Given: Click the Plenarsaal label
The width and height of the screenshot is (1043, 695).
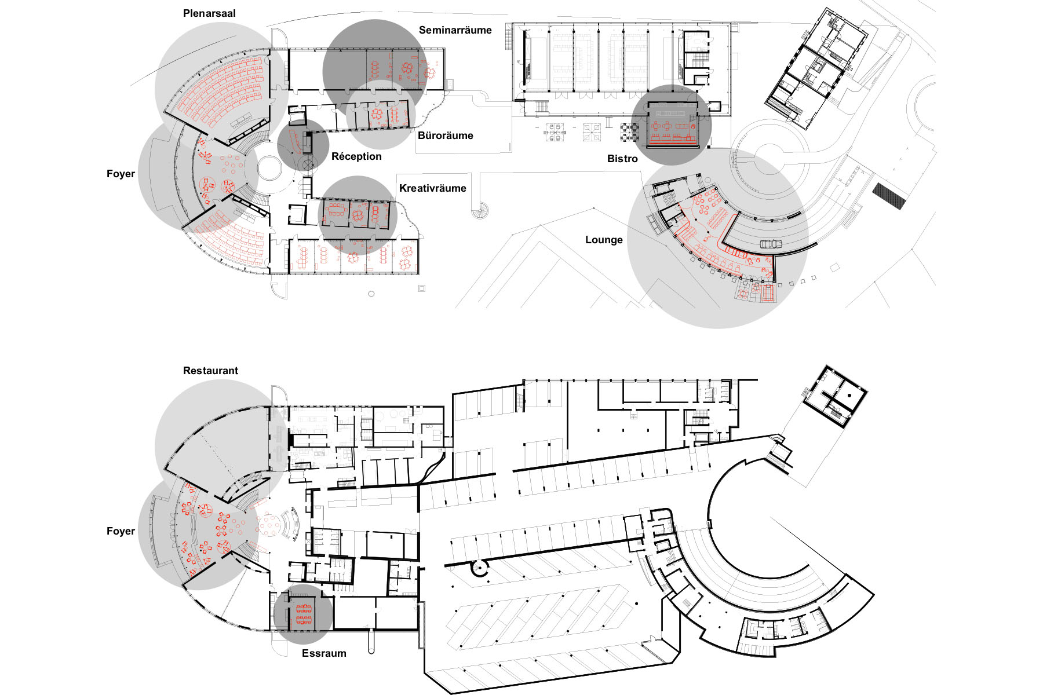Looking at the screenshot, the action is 209,13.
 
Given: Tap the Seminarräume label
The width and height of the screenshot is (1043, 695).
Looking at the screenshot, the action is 455,30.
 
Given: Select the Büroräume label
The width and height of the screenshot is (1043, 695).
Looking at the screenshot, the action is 445,136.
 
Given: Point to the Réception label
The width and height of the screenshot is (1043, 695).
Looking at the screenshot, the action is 356,156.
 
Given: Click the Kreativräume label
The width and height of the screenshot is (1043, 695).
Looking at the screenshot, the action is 432,188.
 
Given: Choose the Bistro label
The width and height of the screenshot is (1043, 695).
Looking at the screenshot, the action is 622,159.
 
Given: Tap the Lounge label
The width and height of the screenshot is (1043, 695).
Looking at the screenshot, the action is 604,240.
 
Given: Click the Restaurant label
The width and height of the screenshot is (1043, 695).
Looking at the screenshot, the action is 210,371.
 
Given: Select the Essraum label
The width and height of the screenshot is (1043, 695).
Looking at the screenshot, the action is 324,653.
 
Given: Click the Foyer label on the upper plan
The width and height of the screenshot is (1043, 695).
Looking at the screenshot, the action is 121,174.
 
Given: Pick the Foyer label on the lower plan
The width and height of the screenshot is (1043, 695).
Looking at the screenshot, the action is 121,531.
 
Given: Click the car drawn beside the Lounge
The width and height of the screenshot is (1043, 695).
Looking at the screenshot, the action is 771,244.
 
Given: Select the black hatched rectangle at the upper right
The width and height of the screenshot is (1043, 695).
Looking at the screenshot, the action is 889,196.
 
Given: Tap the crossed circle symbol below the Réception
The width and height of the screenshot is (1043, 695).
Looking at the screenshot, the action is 307,164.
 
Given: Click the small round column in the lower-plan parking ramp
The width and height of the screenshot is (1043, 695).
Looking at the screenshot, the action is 480,568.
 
